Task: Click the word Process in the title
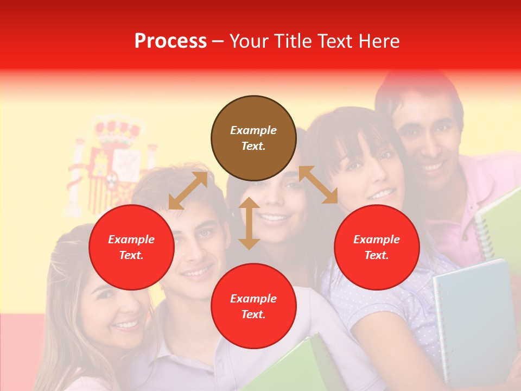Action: point(170,41)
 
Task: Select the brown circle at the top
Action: point(253,138)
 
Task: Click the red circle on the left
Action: point(131,248)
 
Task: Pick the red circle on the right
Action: point(377,248)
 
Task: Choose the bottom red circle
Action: point(253,306)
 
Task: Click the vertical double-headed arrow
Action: point(249,223)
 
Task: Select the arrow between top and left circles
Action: point(188,191)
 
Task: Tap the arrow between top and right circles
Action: point(318,185)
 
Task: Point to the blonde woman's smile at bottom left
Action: point(126,325)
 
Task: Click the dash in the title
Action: point(218,41)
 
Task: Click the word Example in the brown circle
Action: point(253,130)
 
